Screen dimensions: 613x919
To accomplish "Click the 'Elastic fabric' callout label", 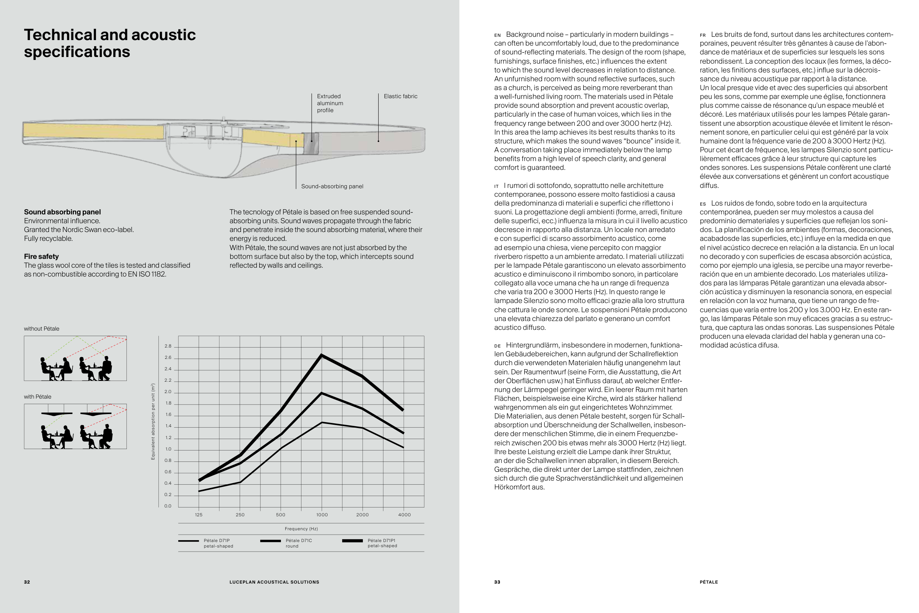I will click(400, 96).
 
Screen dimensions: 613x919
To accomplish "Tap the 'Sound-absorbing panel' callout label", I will click(332, 186).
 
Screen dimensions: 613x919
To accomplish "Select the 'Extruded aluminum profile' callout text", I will click(330, 103).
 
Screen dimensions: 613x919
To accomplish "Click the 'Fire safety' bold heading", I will click(42, 256).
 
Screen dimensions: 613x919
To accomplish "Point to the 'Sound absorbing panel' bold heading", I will click(62, 212).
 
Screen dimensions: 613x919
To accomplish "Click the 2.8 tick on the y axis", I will click(168, 346).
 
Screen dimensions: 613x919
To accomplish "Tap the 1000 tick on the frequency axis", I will click(322, 515).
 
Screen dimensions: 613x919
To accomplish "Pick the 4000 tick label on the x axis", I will click(404, 515).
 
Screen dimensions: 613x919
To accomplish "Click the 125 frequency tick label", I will click(199, 515).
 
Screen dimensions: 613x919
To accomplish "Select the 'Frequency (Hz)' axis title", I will click(301, 529).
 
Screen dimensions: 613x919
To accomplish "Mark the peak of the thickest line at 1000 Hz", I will click(322, 355).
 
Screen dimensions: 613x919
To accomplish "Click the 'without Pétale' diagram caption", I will click(42, 329).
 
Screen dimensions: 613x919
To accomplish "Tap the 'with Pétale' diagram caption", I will click(37, 397).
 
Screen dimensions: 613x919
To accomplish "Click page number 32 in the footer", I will click(27, 582).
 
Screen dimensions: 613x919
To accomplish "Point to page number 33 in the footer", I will click(497, 582).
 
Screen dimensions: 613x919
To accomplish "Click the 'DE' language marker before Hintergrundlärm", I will click(497, 346).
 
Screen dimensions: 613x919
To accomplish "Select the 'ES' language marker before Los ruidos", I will click(703, 204).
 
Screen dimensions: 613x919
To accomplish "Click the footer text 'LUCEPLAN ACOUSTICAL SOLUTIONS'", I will click(274, 582).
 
